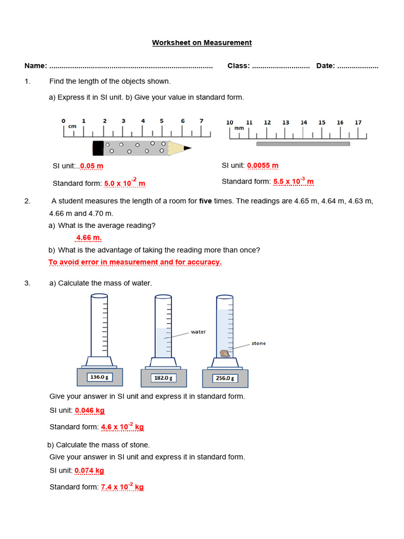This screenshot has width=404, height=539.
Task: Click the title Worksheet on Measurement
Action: tap(202, 43)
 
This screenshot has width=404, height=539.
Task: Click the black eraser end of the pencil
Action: tap(98, 148)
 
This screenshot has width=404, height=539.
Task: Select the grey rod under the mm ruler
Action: tap(302, 144)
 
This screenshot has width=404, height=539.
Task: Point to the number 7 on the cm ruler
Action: tap(201, 121)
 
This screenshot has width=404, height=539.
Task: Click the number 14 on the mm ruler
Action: tap(304, 123)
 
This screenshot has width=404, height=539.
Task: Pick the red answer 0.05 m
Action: tap(92, 166)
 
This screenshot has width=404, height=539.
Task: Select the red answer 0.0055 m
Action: tap(262, 165)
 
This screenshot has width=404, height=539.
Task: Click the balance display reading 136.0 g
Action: tap(100, 377)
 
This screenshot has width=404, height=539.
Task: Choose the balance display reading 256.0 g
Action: tap(225, 378)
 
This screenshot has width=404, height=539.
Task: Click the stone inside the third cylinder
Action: tap(224, 353)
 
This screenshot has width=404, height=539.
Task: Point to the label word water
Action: tap(198, 332)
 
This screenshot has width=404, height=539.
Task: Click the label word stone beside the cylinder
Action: tap(258, 343)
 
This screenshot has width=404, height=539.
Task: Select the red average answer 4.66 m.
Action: tap(89, 238)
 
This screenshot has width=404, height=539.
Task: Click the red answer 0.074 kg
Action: tap(89, 471)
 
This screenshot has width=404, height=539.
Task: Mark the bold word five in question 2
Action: tap(206, 201)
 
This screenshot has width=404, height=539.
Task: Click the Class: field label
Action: tap(238, 66)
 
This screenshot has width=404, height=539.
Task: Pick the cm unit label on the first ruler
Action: tap(72, 126)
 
